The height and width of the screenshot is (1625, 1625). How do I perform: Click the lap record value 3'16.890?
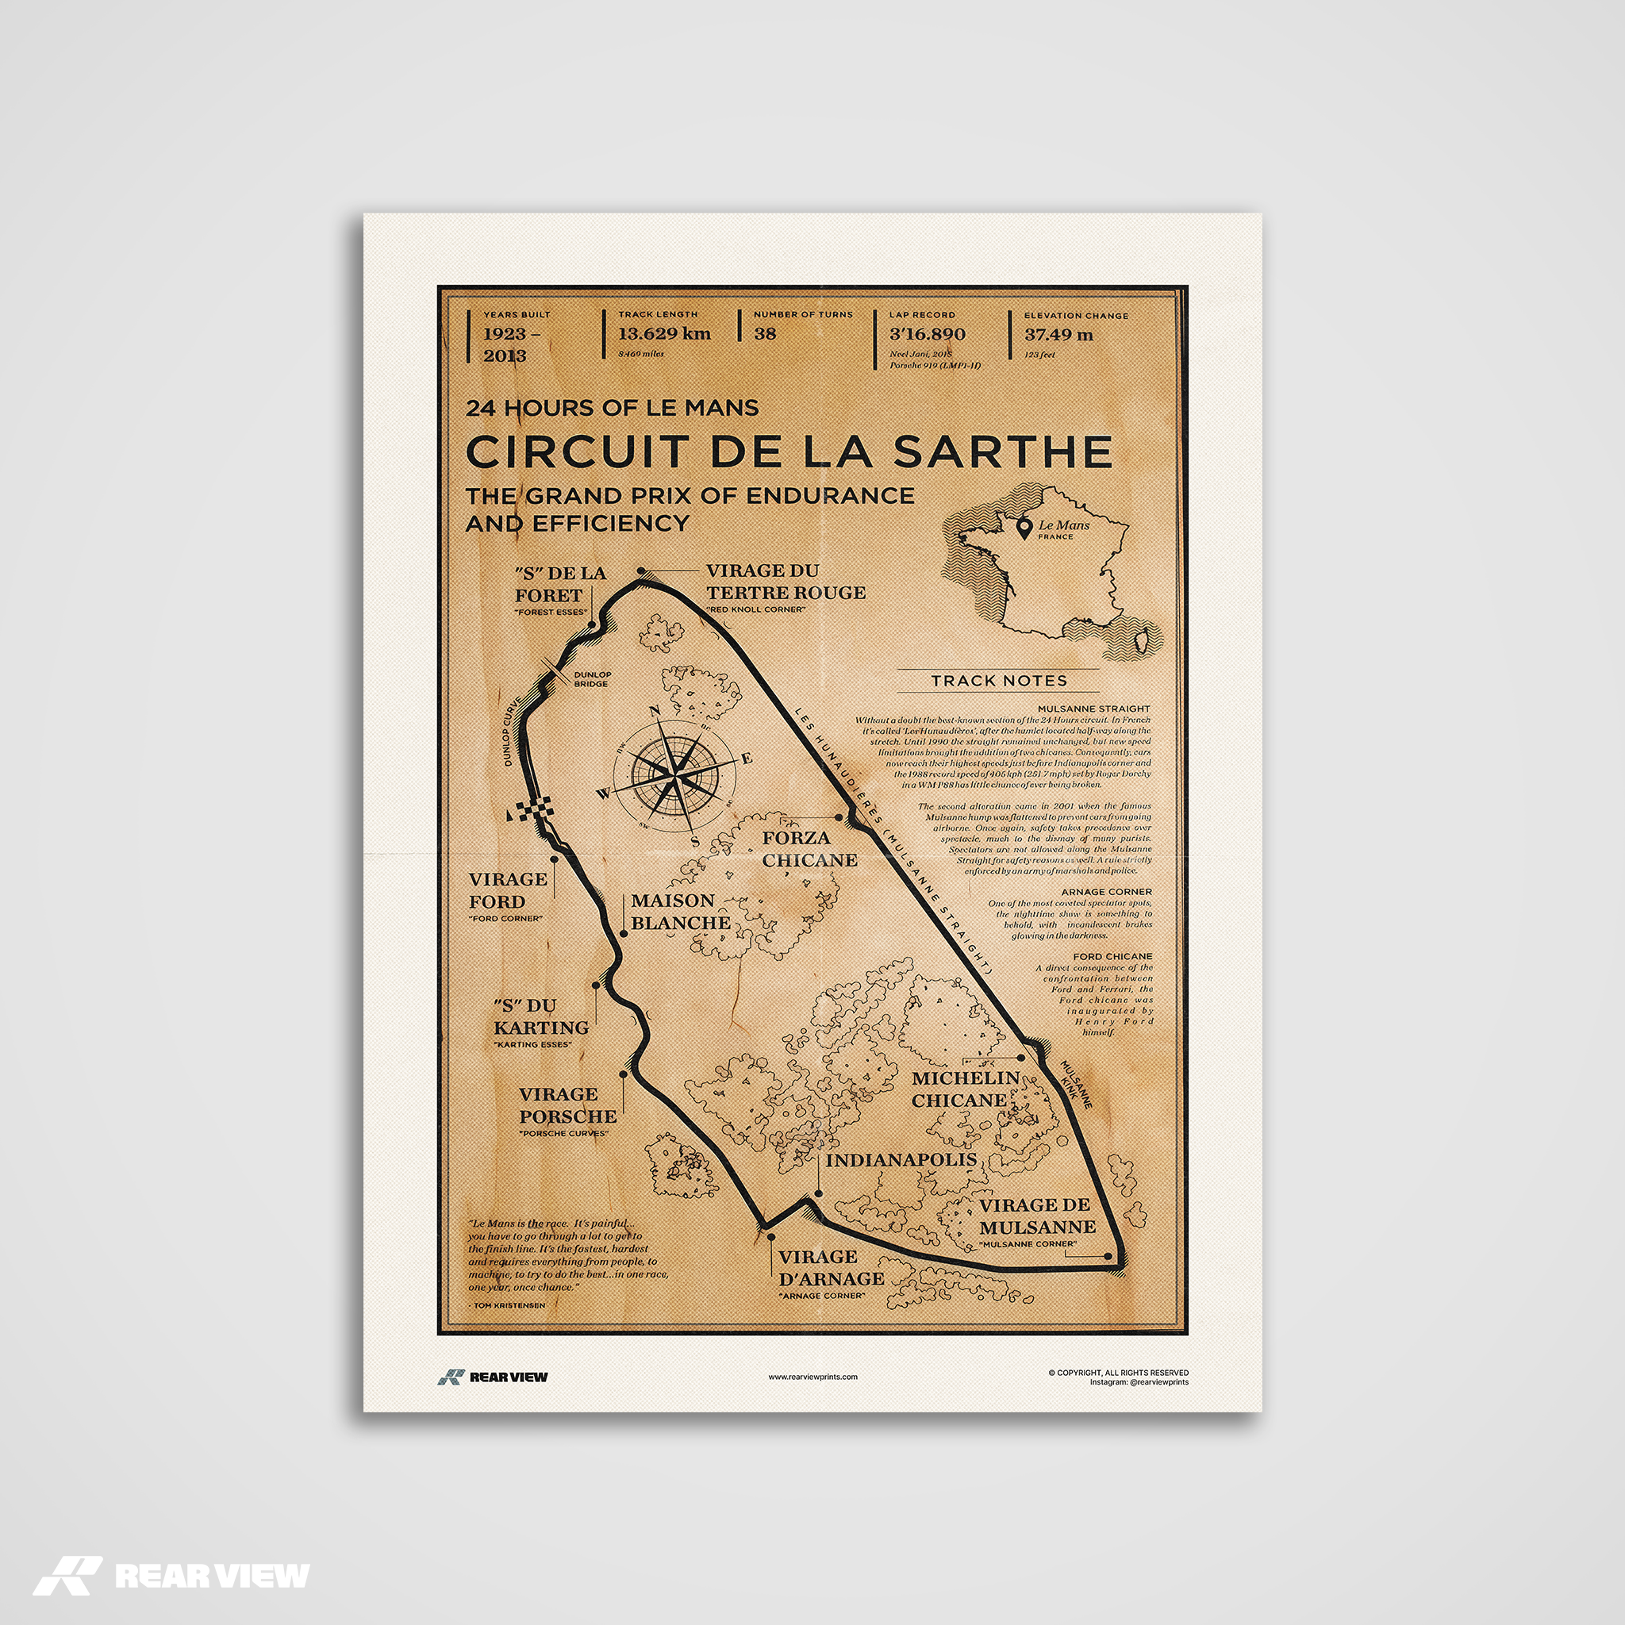pos(927,334)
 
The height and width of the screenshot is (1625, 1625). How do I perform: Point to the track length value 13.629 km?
pos(664,333)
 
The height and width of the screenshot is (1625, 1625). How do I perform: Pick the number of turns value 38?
pos(765,333)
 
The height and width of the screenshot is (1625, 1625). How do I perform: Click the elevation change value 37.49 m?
pos(1058,334)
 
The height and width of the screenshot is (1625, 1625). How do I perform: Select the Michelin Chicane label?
pos(965,1089)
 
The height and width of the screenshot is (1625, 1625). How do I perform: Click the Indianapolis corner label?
pos(901,1160)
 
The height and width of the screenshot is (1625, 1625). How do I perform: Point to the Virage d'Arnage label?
pos(830,1267)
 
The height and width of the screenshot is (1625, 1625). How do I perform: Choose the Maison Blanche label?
pos(680,911)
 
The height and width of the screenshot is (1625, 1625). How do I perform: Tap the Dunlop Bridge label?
pos(592,678)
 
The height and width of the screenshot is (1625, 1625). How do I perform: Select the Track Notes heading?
pos(998,681)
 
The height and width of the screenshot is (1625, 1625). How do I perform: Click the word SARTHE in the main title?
pos(1002,451)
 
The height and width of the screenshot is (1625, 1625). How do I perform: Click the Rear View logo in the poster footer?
pos(493,1377)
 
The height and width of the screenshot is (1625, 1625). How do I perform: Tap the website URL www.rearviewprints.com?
pos(812,1377)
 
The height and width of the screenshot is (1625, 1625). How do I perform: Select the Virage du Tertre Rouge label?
pos(785,581)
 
